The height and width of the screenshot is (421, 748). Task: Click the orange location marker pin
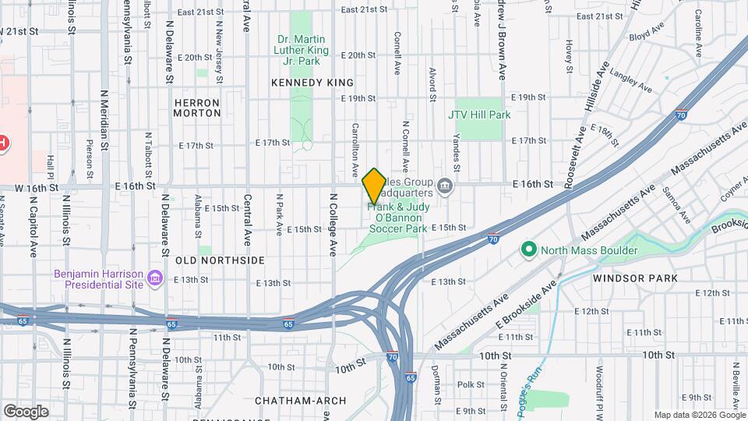click(x=374, y=186)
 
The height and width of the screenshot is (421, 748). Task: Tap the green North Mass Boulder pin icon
click(x=529, y=250)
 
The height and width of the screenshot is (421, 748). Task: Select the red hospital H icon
click(x=3, y=143)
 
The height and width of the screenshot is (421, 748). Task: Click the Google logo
click(x=26, y=411)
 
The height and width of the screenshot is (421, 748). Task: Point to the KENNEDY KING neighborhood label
click(x=312, y=82)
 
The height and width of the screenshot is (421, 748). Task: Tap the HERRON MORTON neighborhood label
click(x=197, y=108)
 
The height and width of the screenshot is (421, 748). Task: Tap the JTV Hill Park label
click(x=479, y=115)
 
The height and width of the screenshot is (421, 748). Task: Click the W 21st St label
click(x=21, y=31)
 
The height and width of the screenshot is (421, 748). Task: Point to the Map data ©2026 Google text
click(x=699, y=415)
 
